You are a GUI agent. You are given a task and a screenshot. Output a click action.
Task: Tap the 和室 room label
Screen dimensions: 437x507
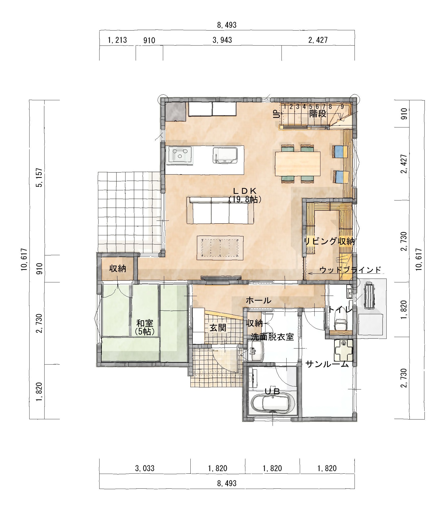(x=145, y=323)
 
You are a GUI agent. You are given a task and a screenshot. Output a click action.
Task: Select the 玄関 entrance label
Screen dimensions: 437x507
(x=218, y=328)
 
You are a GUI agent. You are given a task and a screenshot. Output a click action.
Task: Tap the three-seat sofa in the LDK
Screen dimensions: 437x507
(x=220, y=210)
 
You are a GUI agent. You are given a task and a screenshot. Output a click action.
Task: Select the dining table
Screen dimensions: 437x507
(x=298, y=164)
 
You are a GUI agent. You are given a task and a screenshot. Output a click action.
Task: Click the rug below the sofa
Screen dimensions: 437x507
(x=220, y=248)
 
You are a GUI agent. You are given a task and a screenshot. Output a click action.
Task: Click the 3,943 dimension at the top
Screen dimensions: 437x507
(x=222, y=40)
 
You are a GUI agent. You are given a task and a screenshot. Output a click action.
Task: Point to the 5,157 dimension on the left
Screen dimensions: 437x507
(x=40, y=177)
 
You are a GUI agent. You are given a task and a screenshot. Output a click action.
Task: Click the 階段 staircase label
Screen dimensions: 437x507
(x=318, y=114)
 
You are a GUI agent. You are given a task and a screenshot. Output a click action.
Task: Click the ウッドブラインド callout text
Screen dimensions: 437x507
(x=350, y=270)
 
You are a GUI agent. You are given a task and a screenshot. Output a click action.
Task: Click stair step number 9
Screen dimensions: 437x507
(x=342, y=107)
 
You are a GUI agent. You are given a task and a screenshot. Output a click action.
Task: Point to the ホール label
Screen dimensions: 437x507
(x=259, y=300)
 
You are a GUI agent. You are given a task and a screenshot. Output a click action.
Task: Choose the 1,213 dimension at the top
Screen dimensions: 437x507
(x=117, y=40)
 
